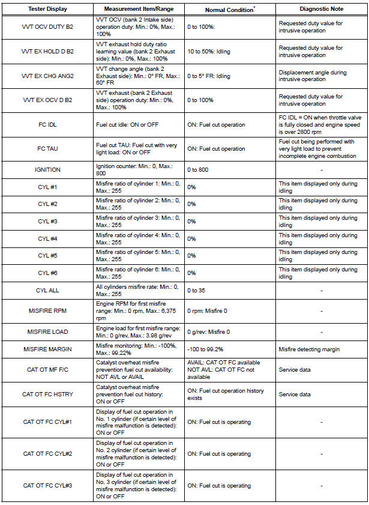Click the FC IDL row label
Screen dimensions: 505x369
click(x=47, y=124)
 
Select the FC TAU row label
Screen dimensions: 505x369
click(x=47, y=148)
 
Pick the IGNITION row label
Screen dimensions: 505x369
click(x=47, y=170)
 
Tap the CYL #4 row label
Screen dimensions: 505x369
click(x=47, y=238)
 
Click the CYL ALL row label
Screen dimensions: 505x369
click(x=47, y=290)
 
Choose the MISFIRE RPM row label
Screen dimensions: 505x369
click(x=47, y=312)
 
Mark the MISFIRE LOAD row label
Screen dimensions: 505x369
click(x=47, y=331)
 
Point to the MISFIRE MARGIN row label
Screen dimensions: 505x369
click(x=47, y=349)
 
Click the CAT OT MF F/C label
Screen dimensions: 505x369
click(x=47, y=369)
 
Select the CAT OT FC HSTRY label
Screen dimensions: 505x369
click(x=47, y=394)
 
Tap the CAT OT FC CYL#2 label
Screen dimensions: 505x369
click(x=47, y=454)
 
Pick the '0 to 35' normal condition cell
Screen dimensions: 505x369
click(x=199, y=290)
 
